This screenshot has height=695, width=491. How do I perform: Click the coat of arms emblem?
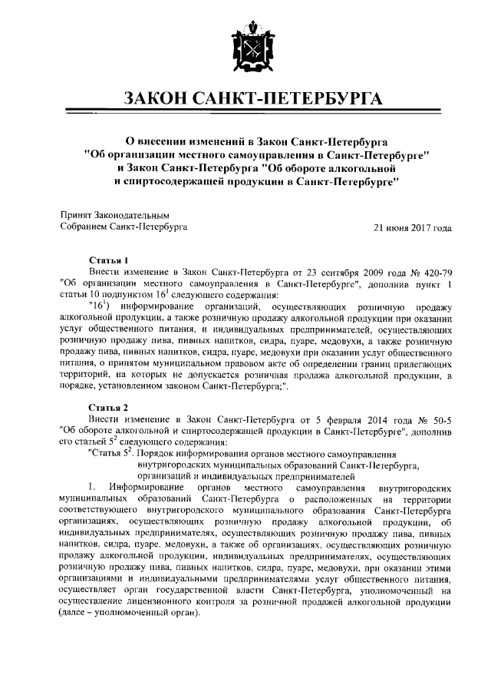click(x=245, y=45)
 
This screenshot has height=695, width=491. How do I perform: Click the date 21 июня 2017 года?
click(x=412, y=227)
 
